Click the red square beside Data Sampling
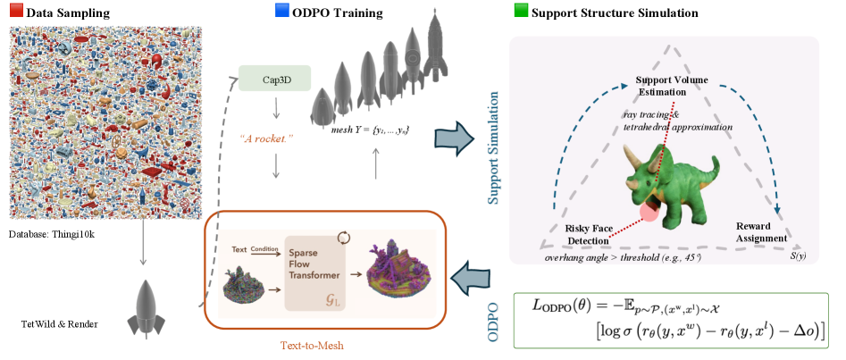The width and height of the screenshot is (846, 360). click(x=15, y=13)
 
